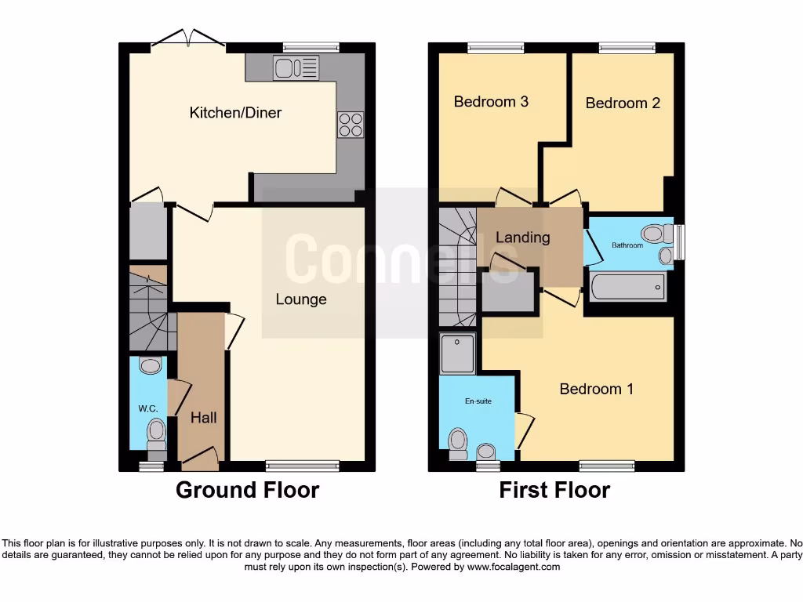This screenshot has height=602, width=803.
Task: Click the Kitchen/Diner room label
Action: [x=235, y=113]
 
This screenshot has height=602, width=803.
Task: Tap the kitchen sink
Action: [x=296, y=68]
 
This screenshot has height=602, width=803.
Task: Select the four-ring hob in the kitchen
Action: [x=351, y=125]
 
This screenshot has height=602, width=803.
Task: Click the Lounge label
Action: [x=301, y=299]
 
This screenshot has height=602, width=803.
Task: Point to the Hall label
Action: [x=203, y=418]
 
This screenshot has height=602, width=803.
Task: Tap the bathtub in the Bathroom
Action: [x=628, y=287]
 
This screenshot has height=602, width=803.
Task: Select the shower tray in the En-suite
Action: [x=458, y=354]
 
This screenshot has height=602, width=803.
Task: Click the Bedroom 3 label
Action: [x=491, y=101]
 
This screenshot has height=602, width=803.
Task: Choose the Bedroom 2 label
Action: [x=623, y=103]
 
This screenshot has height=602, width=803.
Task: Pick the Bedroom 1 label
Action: [x=596, y=389]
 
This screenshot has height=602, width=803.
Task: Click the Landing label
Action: [x=522, y=238]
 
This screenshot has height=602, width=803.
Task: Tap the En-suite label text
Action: [x=478, y=401]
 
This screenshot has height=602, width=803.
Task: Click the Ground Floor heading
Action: [x=247, y=491]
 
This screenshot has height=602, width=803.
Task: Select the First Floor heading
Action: [x=554, y=491]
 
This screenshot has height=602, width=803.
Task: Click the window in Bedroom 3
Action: [x=495, y=48]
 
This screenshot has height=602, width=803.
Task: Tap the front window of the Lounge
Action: [x=302, y=466]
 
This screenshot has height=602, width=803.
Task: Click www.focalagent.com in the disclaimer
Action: [x=513, y=567]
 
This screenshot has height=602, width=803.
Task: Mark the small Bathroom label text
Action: [x=627, y=245]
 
